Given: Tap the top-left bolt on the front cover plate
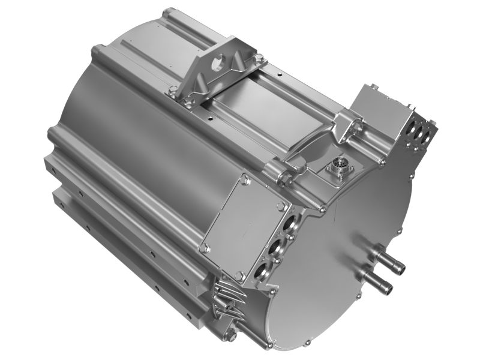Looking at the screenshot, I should (245, 178).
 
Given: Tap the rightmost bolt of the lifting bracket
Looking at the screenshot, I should (259, 58).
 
